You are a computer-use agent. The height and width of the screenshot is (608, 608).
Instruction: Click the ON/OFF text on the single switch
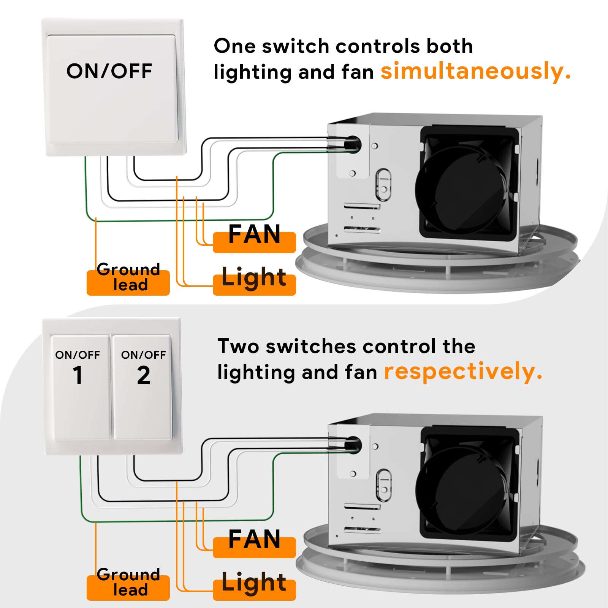pyautogui.click(x=109, y=71)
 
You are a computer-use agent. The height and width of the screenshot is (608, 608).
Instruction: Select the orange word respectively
pyautogui.click(x=463, y=372)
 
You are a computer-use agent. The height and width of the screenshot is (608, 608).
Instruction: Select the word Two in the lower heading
pyautogui.click(x=238, y=347)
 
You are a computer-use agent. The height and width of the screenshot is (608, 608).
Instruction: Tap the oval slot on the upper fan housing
pyautogui.click(x=383, y=185)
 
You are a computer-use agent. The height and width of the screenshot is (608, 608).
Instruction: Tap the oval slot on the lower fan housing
pyautogui.click(x=383, y=486)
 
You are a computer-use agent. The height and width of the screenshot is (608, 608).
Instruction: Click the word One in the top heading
pyautogui.click(x=234, y=46)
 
